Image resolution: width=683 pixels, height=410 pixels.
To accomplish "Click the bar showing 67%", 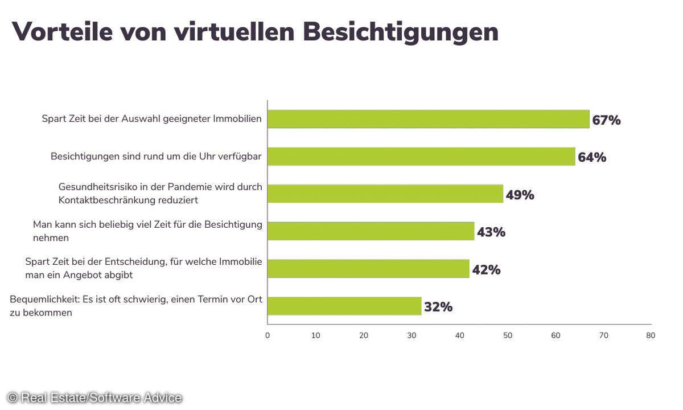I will (x=428, y=119).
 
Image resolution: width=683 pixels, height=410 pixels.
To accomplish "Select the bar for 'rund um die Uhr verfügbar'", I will (x=421, y=157).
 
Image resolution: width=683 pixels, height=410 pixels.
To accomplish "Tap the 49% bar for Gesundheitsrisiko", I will (x=385, y=194).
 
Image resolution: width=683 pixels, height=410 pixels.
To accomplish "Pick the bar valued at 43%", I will (x=371, y=231).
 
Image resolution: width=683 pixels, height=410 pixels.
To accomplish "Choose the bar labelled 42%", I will (x=368, y=269).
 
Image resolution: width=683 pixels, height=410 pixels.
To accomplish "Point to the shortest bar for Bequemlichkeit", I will (x=344, y=306).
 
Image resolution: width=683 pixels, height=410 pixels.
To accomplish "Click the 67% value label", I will (x=606, y=120).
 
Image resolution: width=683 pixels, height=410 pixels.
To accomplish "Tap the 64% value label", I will (x=592, y=157).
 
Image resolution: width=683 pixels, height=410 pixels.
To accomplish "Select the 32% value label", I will (x=438, y=307).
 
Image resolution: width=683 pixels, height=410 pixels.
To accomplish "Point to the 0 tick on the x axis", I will (x=268, y=335).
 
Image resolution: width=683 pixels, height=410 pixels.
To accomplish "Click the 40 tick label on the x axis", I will (x=460, y=335).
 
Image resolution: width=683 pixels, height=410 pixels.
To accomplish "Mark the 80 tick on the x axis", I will (x=651, y=335).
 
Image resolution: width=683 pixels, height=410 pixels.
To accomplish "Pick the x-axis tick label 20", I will (x=364, y=335).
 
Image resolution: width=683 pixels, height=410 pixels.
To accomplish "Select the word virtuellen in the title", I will (x=234, y=32).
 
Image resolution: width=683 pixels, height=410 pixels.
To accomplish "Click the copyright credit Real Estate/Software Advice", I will (x=94, y=398).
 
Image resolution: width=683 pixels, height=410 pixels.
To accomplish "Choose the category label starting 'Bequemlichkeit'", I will (x=135, y=306).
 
